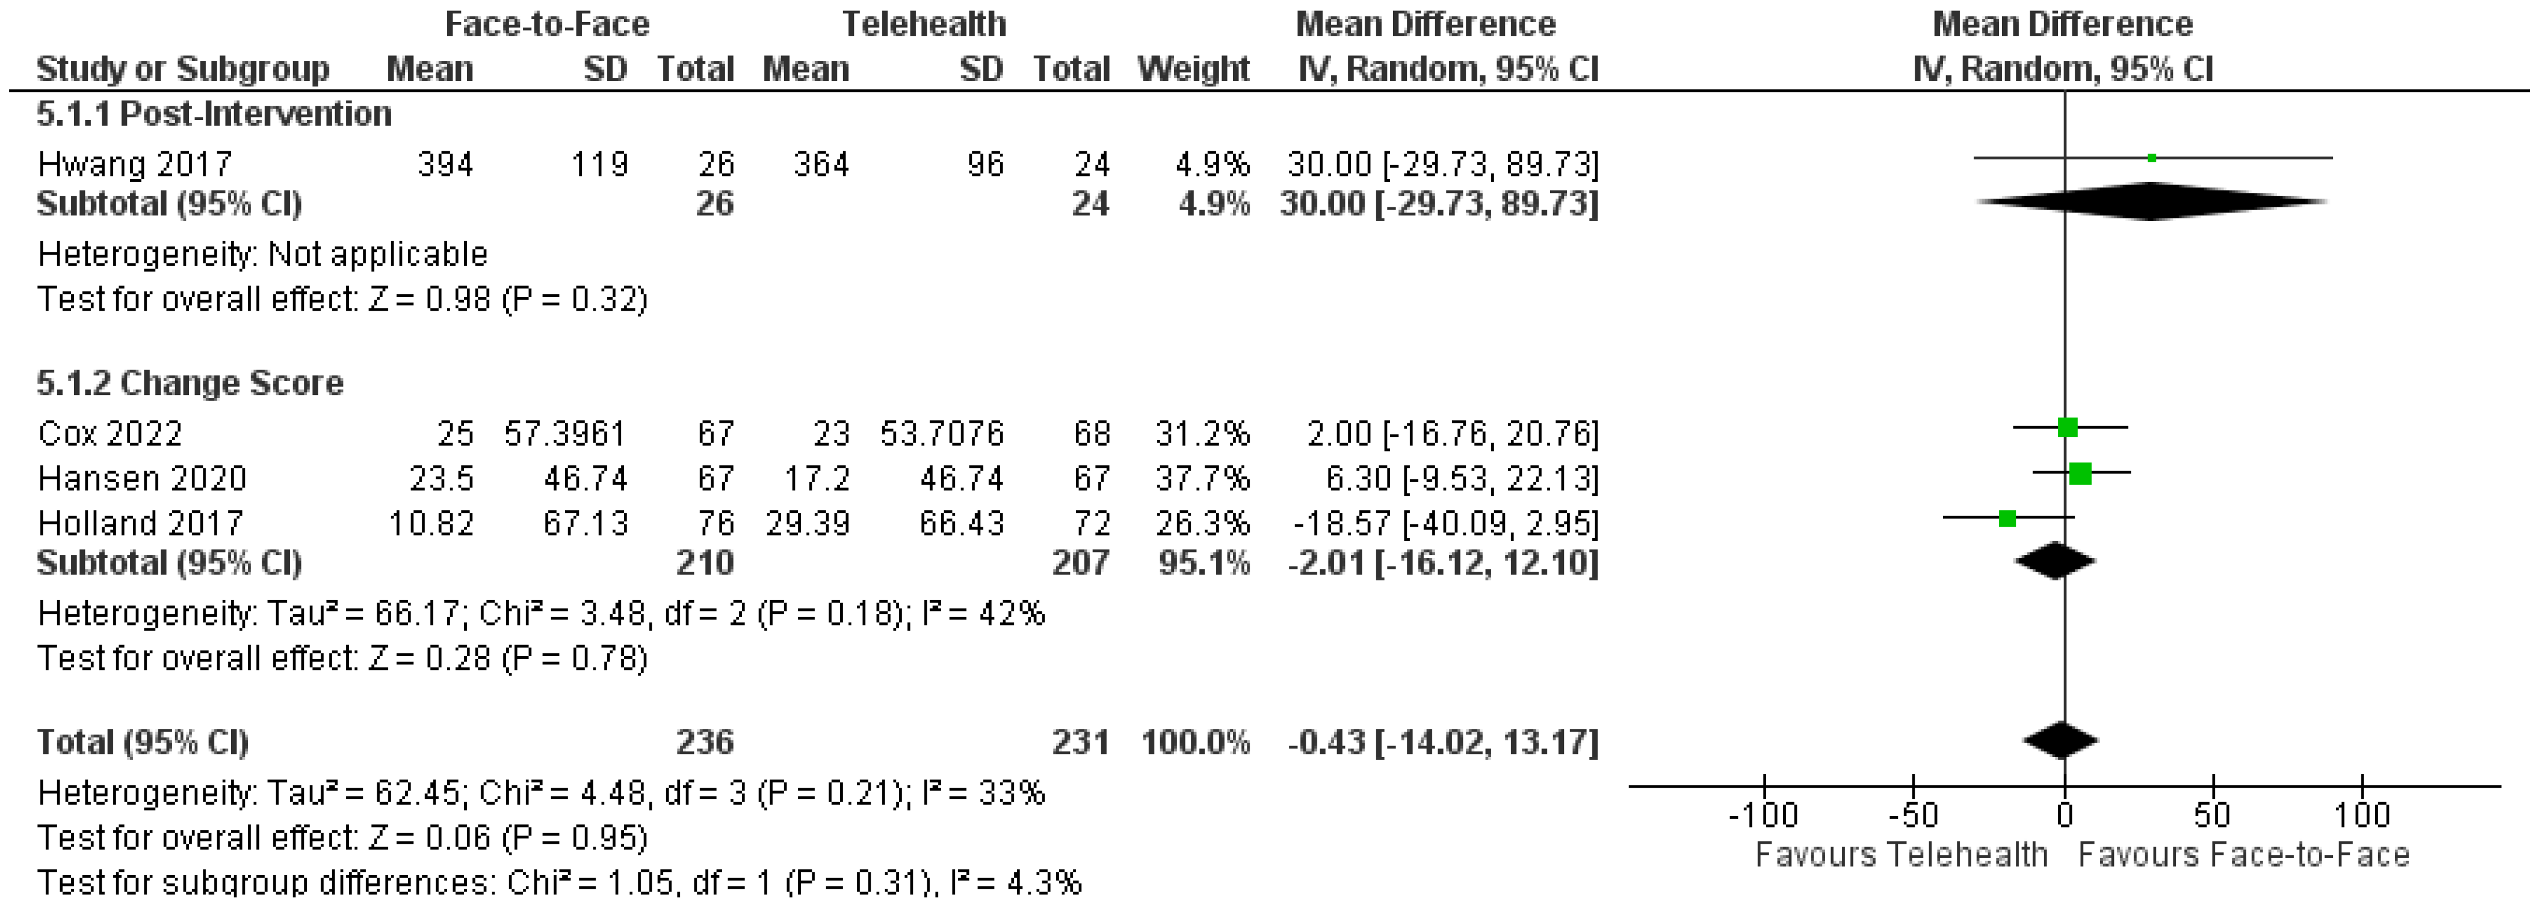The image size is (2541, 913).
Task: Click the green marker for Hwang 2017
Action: click(2152, 158)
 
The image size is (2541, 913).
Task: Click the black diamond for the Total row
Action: click(2061, 740)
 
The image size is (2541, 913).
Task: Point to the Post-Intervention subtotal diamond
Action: click(2152, 202)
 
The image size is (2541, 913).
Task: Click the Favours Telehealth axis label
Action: click(1901, 855)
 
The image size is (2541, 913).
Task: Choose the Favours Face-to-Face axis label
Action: click(2243, 855)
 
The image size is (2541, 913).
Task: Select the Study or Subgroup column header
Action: click(183, 69)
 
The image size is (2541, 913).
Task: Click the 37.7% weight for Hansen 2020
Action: click(1202, 478)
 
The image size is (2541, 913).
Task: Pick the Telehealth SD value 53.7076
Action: click(941, 433)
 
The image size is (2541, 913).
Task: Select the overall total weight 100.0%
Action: click(1195, 741)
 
